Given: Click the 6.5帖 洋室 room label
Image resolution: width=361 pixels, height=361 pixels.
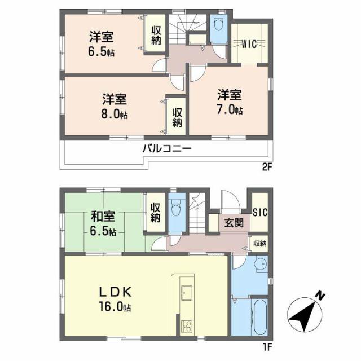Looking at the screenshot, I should [x=102, y=43].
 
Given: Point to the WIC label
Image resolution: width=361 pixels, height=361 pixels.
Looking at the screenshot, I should [x=250, y=43].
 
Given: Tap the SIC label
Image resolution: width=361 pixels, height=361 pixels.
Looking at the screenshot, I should [x=260, y=212].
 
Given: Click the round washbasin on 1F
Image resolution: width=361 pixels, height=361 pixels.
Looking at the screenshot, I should [x=259, y=265].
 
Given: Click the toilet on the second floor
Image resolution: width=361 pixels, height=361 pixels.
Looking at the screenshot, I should [x=218, y=23].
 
